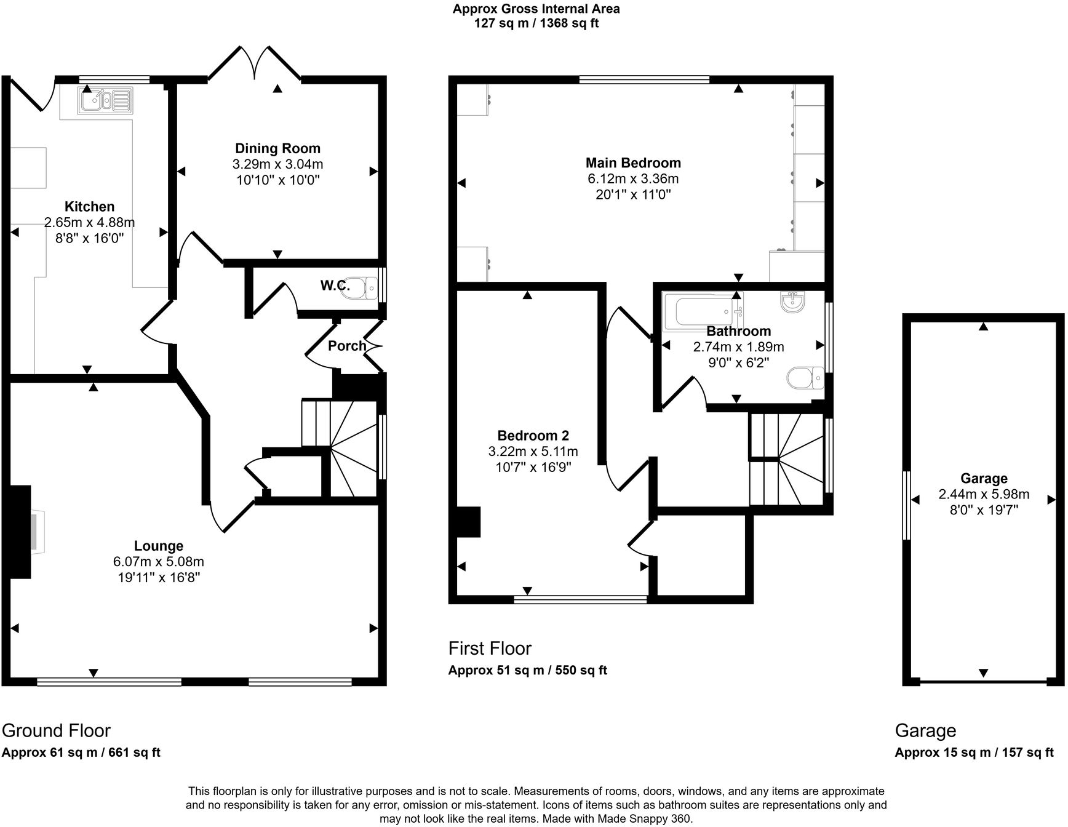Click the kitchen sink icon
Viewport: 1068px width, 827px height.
point(105,100)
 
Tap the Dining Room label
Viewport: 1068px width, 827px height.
point(277,148)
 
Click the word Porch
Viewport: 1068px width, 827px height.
point(347,346)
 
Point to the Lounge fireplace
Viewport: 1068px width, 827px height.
point(22,532)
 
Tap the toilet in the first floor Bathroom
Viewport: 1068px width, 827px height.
point(807,378)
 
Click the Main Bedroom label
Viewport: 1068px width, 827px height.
point(633,163)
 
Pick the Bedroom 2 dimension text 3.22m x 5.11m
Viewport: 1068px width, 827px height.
point(533,452)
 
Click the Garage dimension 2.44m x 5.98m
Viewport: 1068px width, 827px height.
point(983,494)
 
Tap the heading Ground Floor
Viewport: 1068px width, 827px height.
point(56,730)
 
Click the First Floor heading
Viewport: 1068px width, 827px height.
point(490,648)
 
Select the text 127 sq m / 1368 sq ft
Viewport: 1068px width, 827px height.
point(536,23)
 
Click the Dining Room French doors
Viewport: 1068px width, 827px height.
point(254,64)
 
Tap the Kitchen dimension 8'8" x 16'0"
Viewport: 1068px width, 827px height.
point(89,238)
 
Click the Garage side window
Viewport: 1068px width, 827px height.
point(906,505)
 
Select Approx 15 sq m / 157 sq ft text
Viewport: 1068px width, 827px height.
point(974,752)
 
